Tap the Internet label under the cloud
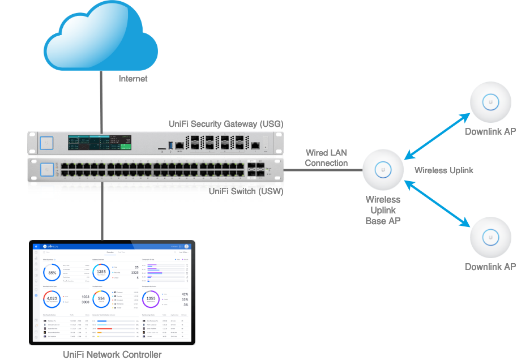tap(133, 79)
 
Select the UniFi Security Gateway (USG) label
tap(226, 124)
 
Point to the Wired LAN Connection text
tap(326, 158)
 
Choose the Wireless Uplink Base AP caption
tap(383, 209)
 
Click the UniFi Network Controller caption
tap(112, 355)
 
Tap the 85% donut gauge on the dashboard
tap(53, 273)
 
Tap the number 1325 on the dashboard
tap(134, 272)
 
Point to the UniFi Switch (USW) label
tap(246, 191)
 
